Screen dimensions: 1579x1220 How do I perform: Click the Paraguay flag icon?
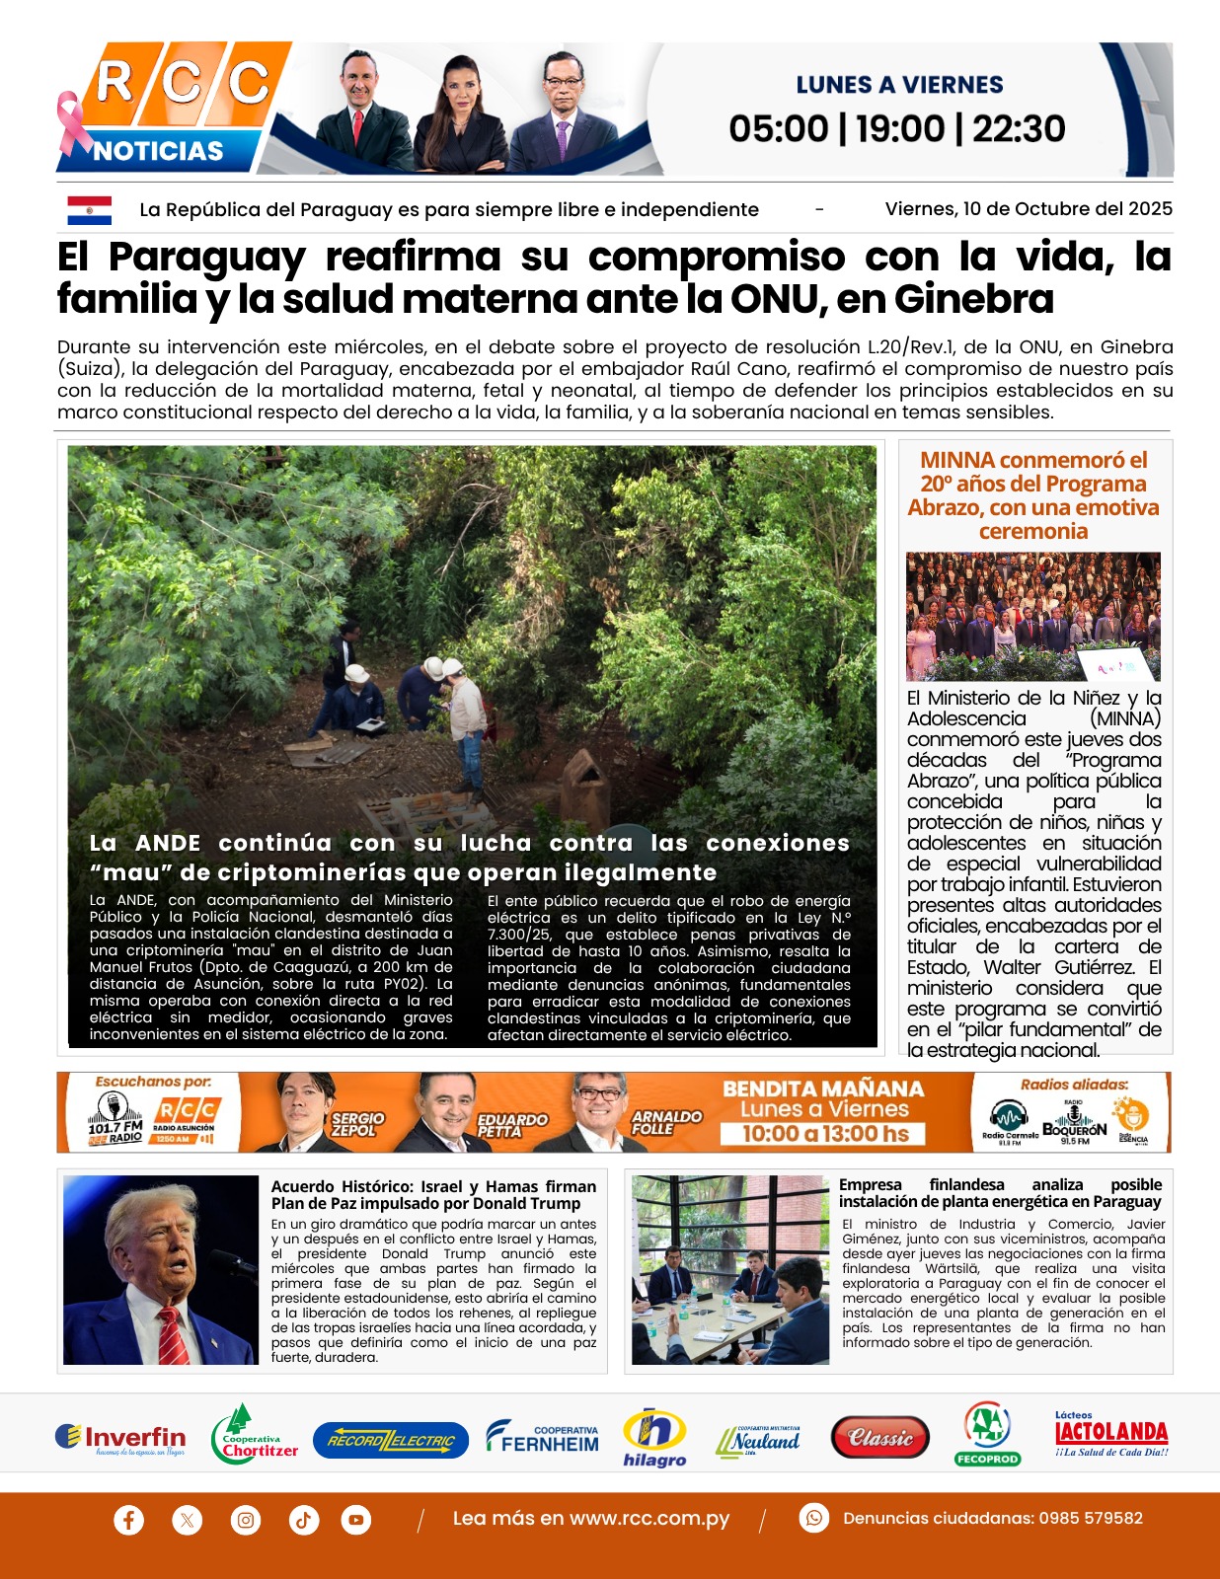coord(89,209)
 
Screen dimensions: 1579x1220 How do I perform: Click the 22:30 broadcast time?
coord(1019,129)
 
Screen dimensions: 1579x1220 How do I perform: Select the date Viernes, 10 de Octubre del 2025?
coord(1029,209)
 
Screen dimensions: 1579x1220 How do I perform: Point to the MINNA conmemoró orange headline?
coord(1033,495)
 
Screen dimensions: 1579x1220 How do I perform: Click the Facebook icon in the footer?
coord(128,1519)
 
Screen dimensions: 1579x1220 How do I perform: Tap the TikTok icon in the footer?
coord(303,1519)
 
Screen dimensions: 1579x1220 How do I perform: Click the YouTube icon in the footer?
coord(356,1519)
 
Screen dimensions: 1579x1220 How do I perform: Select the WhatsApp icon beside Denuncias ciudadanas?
coord(813,1518)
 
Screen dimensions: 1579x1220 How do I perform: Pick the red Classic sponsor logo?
coord(880,1438)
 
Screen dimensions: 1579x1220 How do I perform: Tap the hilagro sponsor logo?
coord(654,1437)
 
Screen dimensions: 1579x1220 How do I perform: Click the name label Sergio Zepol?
coord(356,1124)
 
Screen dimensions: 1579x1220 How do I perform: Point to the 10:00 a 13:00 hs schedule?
coord(825,1134)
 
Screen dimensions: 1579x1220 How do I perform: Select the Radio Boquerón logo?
coord(1074,1123)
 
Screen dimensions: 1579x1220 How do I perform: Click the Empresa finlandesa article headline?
coord(1000,1193)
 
